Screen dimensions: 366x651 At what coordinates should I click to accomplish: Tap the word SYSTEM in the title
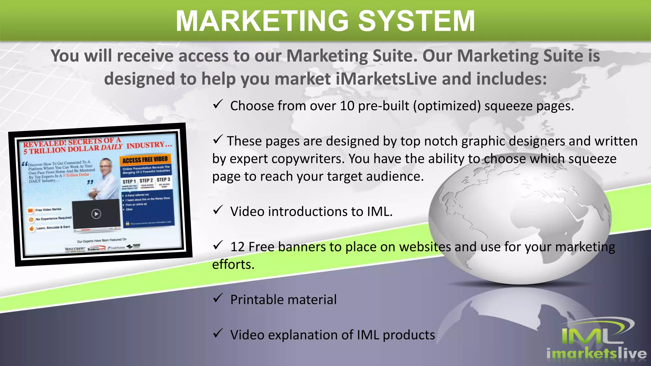pyautogui.click(x=416, y=21)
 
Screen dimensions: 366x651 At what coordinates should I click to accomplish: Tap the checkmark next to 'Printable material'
pyautogui.click(x=218, y=298)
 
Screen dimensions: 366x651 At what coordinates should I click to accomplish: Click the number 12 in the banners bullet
pyautogui.click(x=237, y=247)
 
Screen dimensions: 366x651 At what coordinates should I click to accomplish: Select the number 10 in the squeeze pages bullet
pyautogui.click(x=347, y=106)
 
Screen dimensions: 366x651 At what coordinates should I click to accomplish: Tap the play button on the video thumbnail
pyautogui.click(x=96, y=214)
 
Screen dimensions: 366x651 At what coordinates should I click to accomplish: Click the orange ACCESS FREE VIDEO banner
pyautogui.click(x=145, y=159)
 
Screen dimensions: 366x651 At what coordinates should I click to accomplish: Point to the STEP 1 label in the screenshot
pyautogui.click(x=129, y=181)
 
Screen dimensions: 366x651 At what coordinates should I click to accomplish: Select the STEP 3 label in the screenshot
pyautogui.click(x=163, y=180)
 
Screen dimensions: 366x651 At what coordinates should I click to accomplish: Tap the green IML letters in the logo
pyautogui.click(x=591, y=335)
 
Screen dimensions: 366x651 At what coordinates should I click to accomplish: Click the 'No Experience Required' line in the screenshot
pyautogui.click(x=53, y=219)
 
